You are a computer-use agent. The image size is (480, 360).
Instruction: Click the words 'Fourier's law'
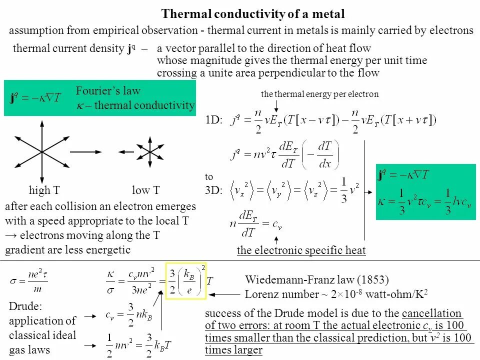pos(108,90)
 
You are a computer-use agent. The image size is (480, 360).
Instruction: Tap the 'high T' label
pos(44,190)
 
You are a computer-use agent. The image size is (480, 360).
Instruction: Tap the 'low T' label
pos(145,190)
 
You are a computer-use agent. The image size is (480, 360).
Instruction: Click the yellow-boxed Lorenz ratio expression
pos(185,280)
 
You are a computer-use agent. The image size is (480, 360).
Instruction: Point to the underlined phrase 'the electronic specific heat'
pos(301,250)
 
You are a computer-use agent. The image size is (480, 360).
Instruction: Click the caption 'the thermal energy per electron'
pos(319,94)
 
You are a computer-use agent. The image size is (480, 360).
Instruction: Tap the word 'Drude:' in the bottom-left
pos(24,306)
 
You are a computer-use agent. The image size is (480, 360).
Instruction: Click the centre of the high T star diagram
pos(42,151)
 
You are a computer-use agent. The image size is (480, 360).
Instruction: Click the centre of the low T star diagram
pos(149,151)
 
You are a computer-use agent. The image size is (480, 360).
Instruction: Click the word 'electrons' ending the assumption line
pos(448,30)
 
